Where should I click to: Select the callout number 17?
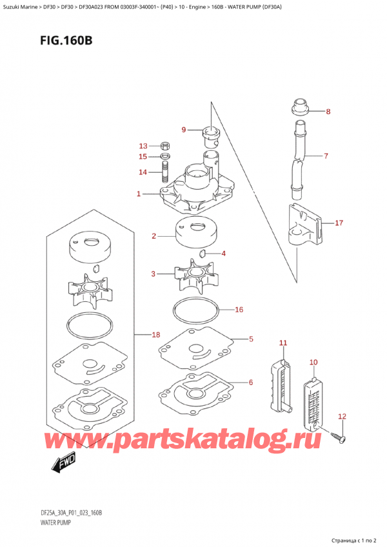[x=339, y=223]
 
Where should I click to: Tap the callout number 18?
[x=155, y=335]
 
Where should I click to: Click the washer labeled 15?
[x=164, y=156]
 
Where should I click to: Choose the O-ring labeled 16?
[x=197, y=311]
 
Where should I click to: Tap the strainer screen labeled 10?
[x=313, y=400]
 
